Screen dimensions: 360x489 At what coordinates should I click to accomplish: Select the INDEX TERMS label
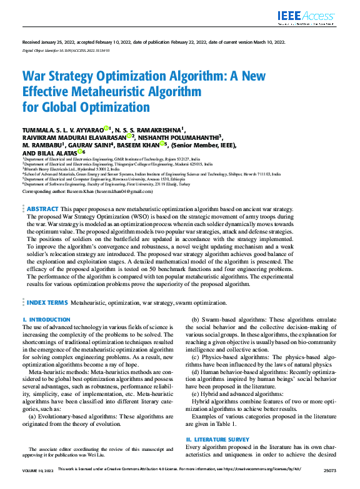click(47, 302)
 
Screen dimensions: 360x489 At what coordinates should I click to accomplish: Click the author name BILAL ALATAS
click(60, 152)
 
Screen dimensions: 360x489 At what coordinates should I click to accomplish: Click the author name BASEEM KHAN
click(137, 144)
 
